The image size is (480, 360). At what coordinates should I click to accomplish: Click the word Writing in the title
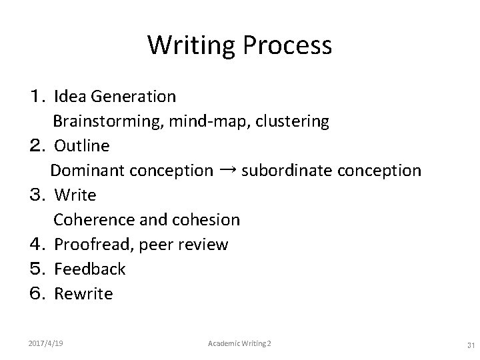(191, 46)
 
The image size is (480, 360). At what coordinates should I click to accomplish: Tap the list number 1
(38, 97)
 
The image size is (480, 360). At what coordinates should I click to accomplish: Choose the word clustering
(291, 122)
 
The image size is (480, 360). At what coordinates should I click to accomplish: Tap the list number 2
(38, 145)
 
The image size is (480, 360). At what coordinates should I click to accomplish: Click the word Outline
(82, 145)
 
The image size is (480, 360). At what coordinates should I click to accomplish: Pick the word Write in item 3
(75, 195)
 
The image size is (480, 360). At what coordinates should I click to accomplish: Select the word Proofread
(95, 245)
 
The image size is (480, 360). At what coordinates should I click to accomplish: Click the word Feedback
(89, 269)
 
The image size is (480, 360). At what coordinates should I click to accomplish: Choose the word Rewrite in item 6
(83, 293)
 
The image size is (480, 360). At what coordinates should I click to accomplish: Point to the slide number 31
(471, 345)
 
